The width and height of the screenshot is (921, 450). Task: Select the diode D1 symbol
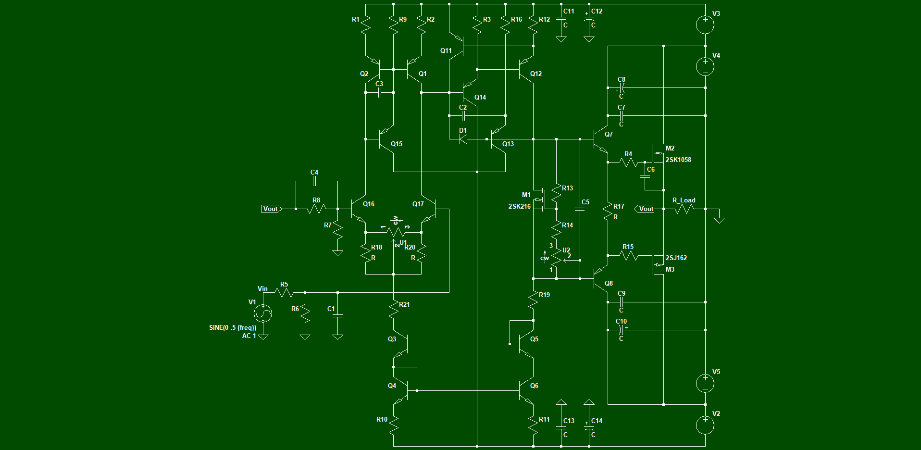click(x=463, y=139)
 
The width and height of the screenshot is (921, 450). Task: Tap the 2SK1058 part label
click(x=678, y=160)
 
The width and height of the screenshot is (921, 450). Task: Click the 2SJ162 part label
click(x=676, y=258)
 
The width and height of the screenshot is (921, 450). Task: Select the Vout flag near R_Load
click(x=645, y=209)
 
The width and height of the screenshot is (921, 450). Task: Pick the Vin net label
click(x=262, y=288)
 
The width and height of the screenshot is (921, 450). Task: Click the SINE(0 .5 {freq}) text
click(x=233, y=327)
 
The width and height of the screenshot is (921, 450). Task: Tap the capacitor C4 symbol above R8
click(x=314, y=181)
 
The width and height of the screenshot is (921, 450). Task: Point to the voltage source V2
click(x=705, y=425)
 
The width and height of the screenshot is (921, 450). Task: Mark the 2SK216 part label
click(x=520, y=206)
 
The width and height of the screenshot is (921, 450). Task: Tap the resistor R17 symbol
click(x=608, y=212)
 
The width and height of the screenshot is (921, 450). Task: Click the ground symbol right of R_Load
click(x=719, y=219)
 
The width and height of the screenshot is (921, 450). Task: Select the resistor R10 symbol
click(x=393, y=425)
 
